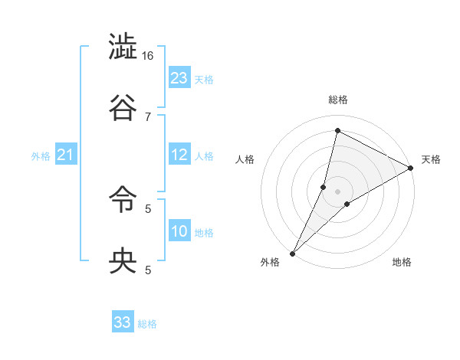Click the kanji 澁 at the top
pos(123,48)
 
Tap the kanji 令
pos(123,201)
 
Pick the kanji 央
pos(123,261)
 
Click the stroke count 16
pos(148,56)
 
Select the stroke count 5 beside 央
pos(148,269)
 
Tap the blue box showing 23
pos(179,77)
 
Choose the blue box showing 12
pos(179,154)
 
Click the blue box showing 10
pos(179,231)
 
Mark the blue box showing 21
pos(66,155)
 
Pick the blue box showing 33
pos(123,322)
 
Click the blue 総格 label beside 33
pos(148,324)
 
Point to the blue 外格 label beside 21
pos(41,156)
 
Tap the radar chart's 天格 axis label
pos(431,159)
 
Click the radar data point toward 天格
pos(411,168)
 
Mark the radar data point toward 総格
pos(337,131)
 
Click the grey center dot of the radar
pos(337,191)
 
